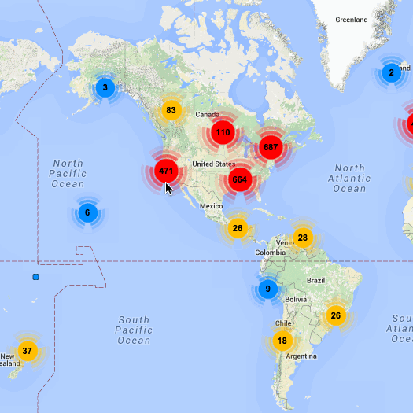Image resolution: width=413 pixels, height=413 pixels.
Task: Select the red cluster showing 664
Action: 240,180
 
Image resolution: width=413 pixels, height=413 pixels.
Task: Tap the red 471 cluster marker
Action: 165,171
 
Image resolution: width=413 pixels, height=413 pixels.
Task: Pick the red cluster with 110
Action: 223,132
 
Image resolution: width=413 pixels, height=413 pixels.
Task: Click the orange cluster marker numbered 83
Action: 171,110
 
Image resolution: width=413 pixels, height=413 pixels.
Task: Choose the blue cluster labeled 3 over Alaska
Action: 105,87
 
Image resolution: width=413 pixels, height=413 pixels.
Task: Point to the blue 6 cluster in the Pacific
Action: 87,212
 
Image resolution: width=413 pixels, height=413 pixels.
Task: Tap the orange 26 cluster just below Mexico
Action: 238,229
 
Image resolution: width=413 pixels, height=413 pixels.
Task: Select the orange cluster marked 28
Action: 303,238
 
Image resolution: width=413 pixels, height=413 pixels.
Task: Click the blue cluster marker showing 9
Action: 267,289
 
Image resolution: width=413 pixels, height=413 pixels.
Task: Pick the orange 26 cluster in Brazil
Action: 336,315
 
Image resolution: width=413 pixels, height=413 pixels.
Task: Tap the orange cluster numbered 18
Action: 282,341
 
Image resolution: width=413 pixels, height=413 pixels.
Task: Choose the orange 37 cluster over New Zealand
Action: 28,351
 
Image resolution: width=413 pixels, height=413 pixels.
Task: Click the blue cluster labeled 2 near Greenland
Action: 391,73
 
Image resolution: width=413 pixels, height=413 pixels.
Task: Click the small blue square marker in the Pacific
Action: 35,277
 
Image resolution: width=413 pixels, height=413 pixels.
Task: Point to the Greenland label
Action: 351,19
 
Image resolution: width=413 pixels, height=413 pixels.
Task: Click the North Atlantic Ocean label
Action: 349,179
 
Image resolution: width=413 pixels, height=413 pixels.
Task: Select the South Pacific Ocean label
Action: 134,330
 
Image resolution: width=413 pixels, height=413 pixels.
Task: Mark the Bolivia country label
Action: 296,299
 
